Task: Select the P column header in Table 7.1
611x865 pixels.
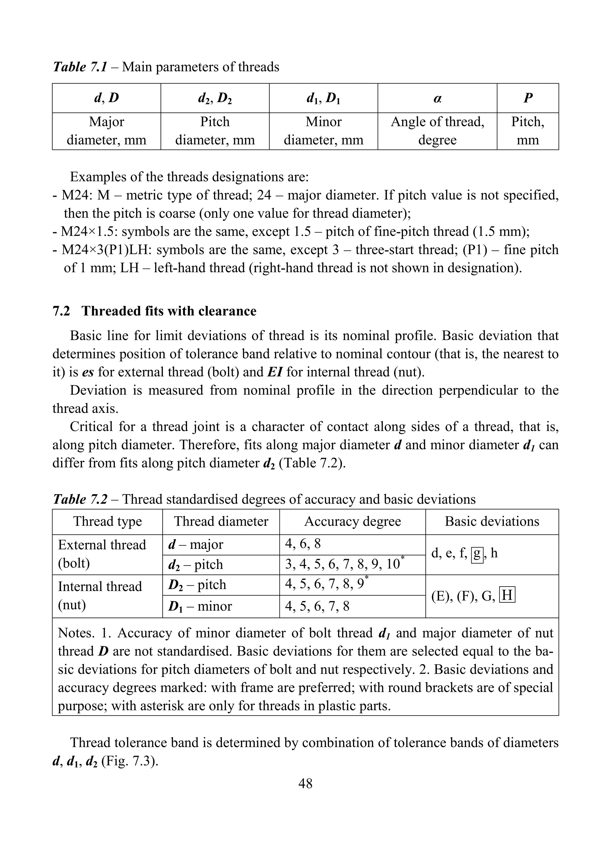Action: pos(527,98)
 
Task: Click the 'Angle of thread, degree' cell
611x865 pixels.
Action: pos(437,131)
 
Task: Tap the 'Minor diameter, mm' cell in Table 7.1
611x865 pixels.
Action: pos(323,131)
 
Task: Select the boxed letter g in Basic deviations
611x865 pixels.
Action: pos(477,553)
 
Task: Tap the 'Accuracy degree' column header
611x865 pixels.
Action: pos(352,521)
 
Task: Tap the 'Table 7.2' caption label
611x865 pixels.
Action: pos(80,499)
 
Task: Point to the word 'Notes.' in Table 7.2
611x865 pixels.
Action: pos(76,633)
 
